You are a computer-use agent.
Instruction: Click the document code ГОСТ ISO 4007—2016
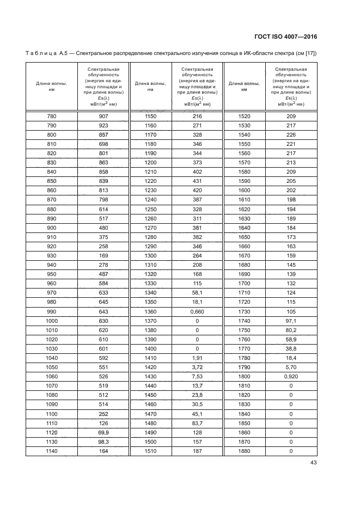(285, 36)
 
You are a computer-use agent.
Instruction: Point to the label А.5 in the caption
(59, 53)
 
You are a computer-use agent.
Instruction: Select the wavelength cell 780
(51, 116)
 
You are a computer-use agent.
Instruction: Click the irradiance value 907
(103, 116)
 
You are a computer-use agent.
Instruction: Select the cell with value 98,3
(103, 443)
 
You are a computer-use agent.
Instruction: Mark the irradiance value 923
(103, 125)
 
